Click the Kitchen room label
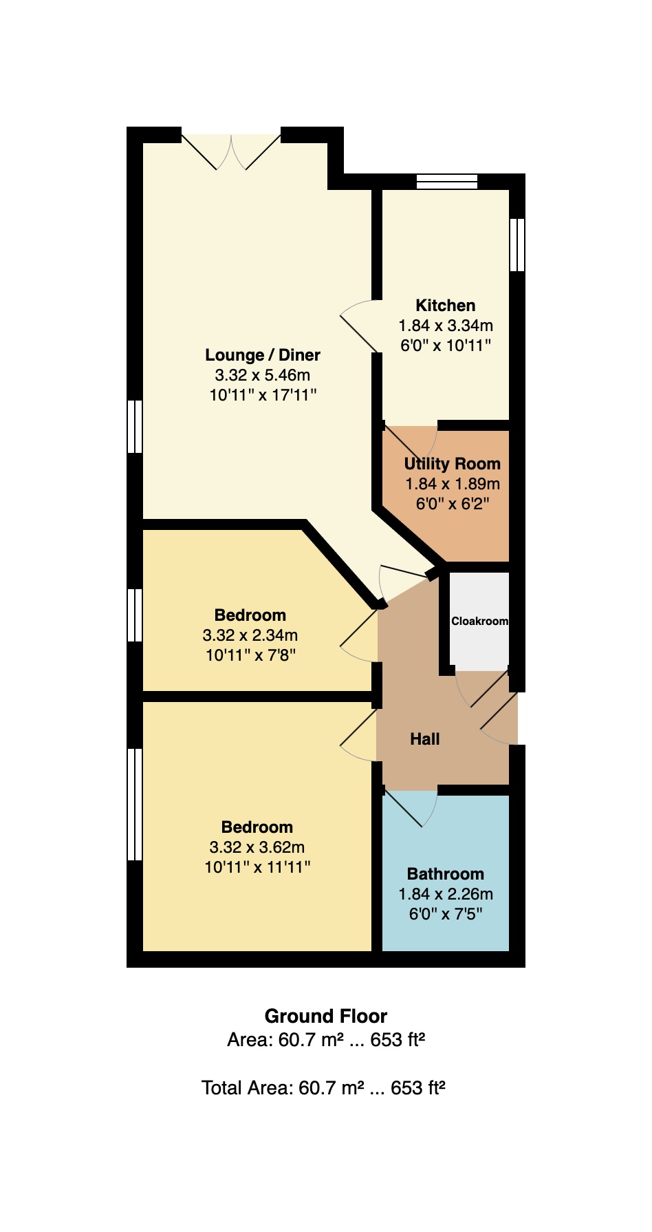[x=445, y=306]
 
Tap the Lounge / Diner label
[x=263, y=355]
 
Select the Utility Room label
[x=452, y=464]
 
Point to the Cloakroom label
[x=479, y=621]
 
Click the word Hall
[x=424, y=739]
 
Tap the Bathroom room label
[x=446, y=874]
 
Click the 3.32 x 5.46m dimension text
[x=263, y=375]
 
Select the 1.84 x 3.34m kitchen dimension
[x=446, y=326]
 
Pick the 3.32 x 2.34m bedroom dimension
[x=250, y=635]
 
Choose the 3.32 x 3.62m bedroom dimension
[x=257, y=847]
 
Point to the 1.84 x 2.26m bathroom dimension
[x=446, y=894]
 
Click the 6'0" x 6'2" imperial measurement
[x=452, y=504]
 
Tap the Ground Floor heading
[x=326, y=1017]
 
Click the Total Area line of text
[x=323, y=1088]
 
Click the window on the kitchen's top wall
[x=447, y=182]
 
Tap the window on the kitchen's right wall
[x=517, y=245]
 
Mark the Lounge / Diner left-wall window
[x=135, y=427]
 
